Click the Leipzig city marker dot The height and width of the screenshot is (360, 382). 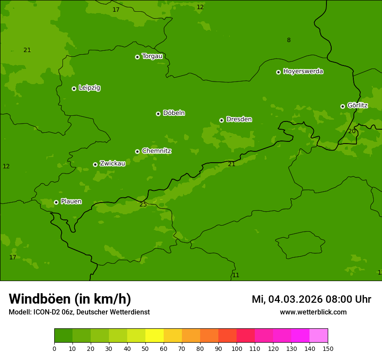(x=74, y=88)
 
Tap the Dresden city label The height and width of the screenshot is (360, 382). (x=239, y=119)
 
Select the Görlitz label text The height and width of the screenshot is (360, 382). (x=357, y=105)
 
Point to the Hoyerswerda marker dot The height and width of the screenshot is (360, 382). (x=278, y=72)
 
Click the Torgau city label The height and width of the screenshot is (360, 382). (x=152, y=56)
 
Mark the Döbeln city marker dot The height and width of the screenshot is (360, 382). (x=158, y=114)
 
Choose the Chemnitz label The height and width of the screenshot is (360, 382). (x=156, y=151)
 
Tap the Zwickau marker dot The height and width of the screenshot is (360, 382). (x=95, y=164)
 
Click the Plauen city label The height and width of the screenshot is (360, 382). (x=71, y=201)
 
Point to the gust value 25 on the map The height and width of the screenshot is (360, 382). (x=143, y=204)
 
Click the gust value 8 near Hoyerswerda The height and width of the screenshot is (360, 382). (x=289, y=40)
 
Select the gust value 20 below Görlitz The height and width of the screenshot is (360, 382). (x=352, y=131)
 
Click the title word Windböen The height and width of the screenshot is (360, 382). (x=40, y=299)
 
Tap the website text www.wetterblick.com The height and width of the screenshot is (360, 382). (x=313, y=312)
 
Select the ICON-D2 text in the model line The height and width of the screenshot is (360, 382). (x=47, y=312)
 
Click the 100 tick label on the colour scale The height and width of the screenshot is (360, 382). (x=237, y=348)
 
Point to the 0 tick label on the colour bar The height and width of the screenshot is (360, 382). (x=54, y=348)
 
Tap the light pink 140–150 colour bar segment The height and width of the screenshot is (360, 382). (x=319, y=336)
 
